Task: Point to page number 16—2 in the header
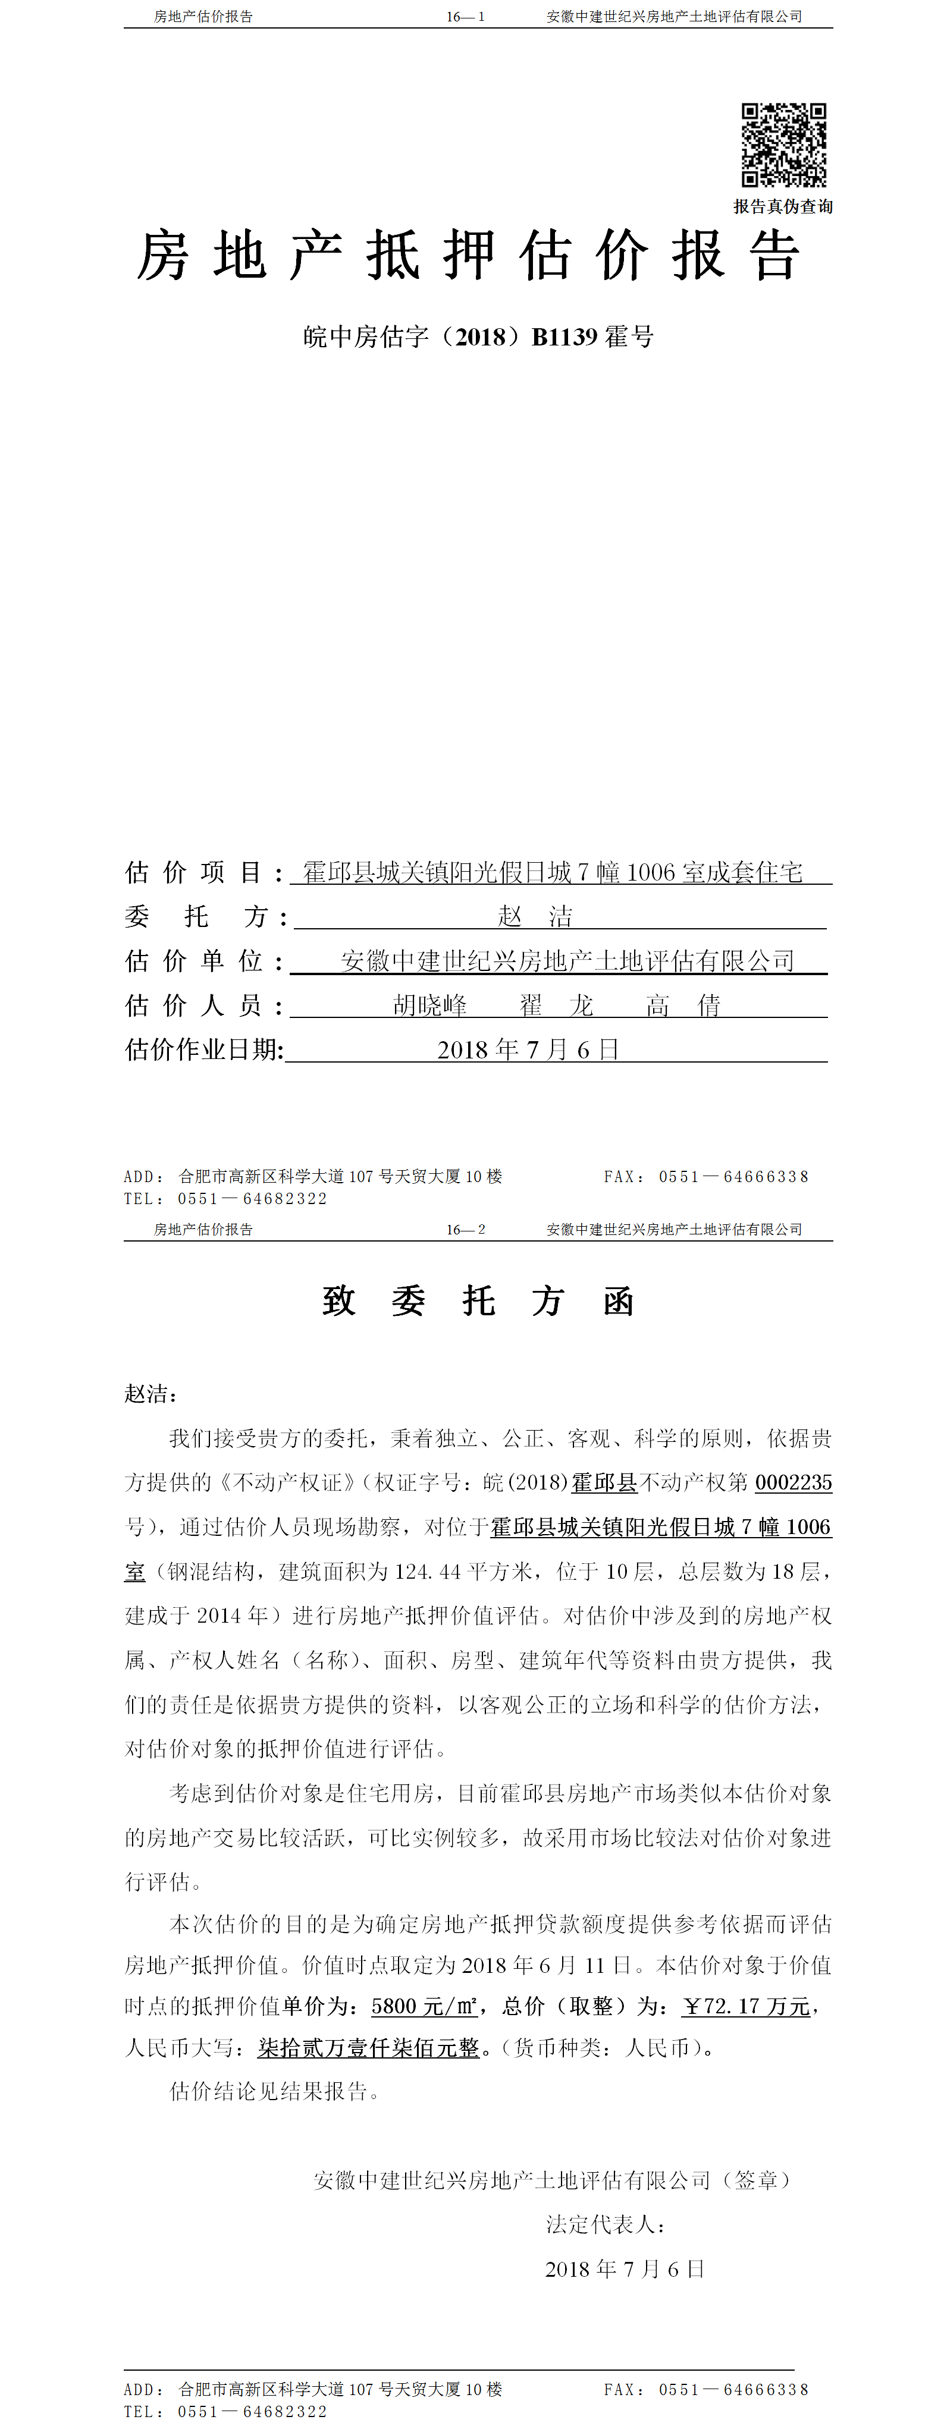tap(465, 1229)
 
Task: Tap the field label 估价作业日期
tap(203, 1049)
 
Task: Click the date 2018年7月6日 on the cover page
tap(528, 1049)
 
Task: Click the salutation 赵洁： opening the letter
tap(150, 1394)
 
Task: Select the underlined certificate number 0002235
tap(794, 1482)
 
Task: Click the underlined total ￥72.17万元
tap(746, 2006)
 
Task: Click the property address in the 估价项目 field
tap(552, 872)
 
